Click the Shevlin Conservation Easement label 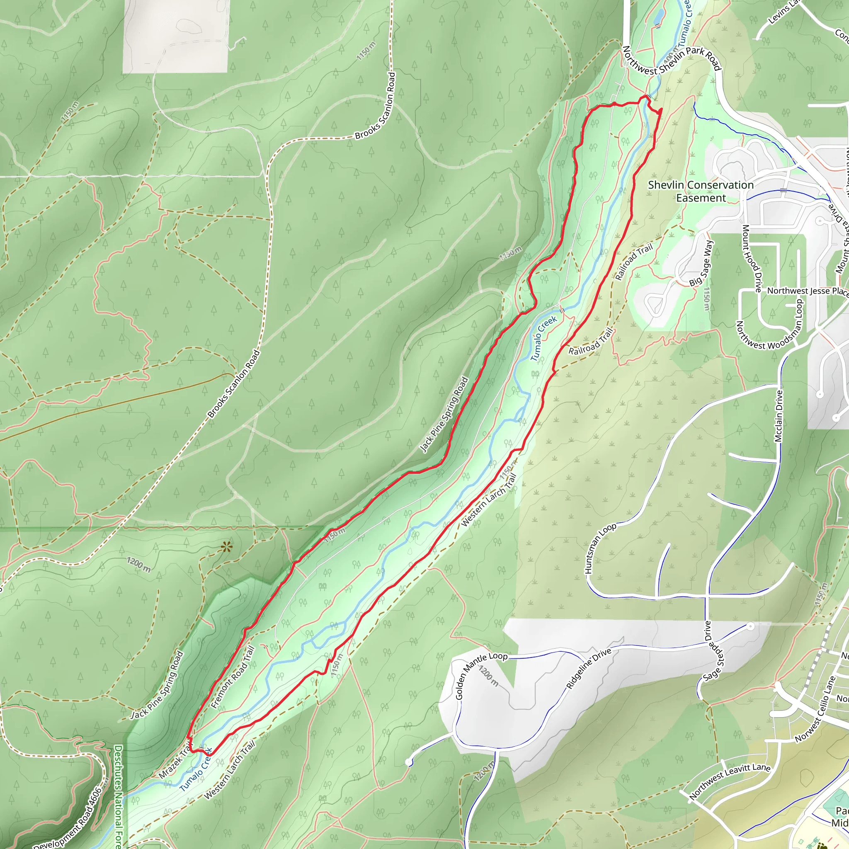click(x=701, y=192)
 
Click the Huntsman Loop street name click(x=600, y=549)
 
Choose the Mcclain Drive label click(x=779, y=416)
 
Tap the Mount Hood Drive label click(x=752, y=258)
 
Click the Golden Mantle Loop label click(x=480, y=675)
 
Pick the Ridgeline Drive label click(x=588, y=668)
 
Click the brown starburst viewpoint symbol click(x=226, y=547)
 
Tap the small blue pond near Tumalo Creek click(x=659, y=17)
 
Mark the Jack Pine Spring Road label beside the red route click(x=444, y=415)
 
